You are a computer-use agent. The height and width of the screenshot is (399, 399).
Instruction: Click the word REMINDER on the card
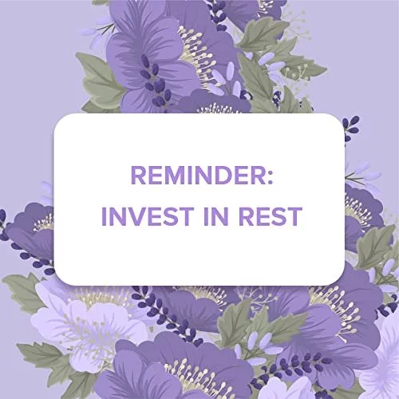[198, 175]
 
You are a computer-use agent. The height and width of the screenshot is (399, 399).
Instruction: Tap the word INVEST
[148, 216]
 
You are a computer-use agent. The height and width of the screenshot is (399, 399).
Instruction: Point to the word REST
[271, 216]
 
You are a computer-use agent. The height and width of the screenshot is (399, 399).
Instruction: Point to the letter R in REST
[246, 216]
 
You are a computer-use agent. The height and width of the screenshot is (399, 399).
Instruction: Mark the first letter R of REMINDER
[139, 175]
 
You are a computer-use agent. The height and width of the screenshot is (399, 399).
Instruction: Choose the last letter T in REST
[294, 216]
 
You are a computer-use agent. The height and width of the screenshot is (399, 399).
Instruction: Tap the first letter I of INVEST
[104, 216]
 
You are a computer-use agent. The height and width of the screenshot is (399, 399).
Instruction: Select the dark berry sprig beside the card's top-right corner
[350, 128]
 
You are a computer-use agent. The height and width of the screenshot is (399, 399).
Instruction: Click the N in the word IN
[219, 216]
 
